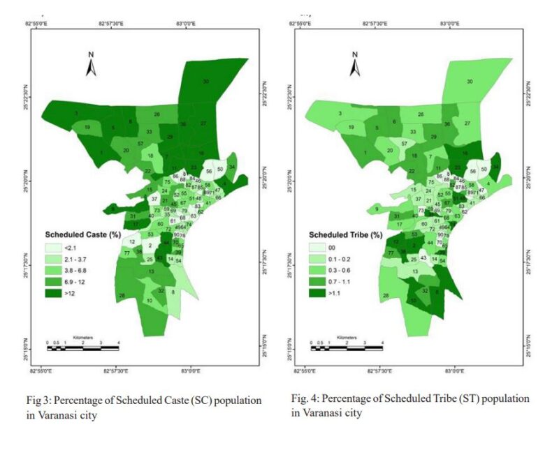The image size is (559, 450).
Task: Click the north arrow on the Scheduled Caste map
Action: click(90, 64)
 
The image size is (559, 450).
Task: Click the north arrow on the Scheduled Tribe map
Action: click(354, 64)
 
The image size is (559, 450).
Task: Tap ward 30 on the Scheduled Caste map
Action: click(205, 82)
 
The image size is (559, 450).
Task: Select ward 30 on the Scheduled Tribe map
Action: click(470, 82)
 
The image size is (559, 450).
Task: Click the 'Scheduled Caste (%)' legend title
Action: click(80, 234)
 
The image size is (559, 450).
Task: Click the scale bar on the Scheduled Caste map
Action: click(82, 344)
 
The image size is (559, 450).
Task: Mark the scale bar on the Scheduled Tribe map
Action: click(346, 344)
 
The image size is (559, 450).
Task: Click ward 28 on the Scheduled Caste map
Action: click(122, 297)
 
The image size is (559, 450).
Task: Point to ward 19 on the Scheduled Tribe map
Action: click(351, 128)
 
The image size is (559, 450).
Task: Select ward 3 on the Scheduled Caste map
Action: click(75, 112)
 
